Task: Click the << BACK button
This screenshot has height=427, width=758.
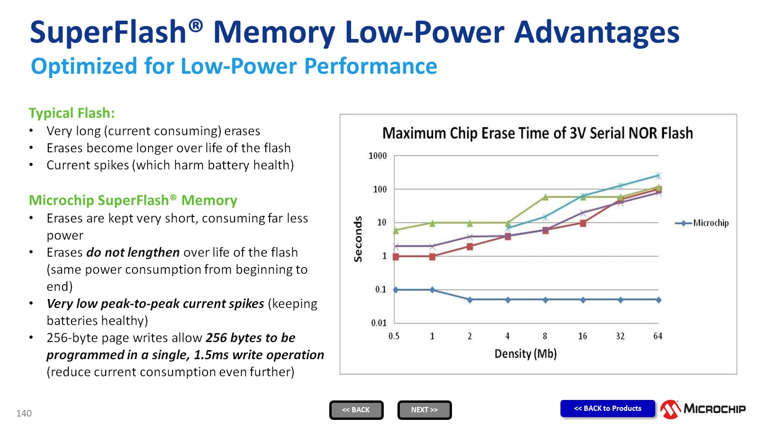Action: point(356,410)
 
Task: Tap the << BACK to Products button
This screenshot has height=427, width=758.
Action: point(607,408)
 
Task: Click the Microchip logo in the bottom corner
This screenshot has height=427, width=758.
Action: point(703,409)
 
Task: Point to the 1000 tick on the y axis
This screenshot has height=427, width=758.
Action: point(378,156)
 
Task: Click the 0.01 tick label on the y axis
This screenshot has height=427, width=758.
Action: point(379,323)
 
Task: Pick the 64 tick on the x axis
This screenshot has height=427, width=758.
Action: point(658,336)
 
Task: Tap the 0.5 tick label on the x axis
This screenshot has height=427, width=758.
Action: point(394,336)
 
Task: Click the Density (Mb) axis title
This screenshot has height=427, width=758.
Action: point(525,354)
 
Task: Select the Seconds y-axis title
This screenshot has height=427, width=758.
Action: point(358,239)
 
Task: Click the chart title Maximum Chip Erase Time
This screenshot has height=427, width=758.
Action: point(537,133)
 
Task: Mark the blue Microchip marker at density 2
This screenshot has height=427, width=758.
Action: point(469,300)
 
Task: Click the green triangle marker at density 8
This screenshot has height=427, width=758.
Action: point(545,197)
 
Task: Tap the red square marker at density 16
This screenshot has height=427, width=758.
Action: point(583,223)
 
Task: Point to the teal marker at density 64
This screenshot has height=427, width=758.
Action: point(658,176)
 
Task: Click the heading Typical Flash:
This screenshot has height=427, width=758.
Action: point(72,113)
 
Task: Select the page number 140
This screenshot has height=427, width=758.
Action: point(24,413)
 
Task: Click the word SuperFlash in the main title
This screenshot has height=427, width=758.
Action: point(108,32)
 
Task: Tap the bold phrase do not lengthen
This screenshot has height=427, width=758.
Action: point(133,252)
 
